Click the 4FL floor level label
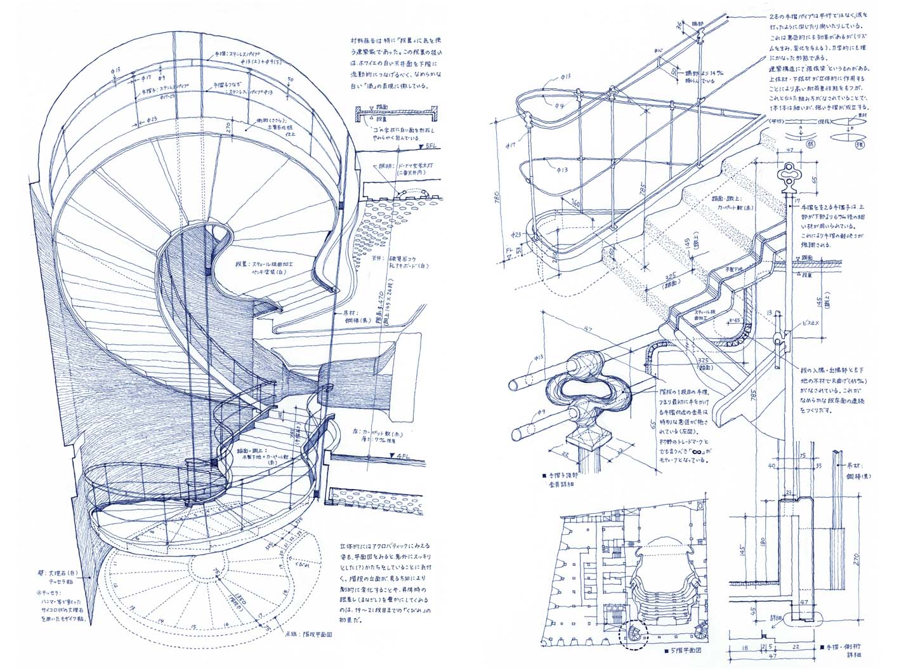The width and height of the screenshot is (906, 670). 402,456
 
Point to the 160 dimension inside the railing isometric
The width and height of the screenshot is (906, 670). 575,205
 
